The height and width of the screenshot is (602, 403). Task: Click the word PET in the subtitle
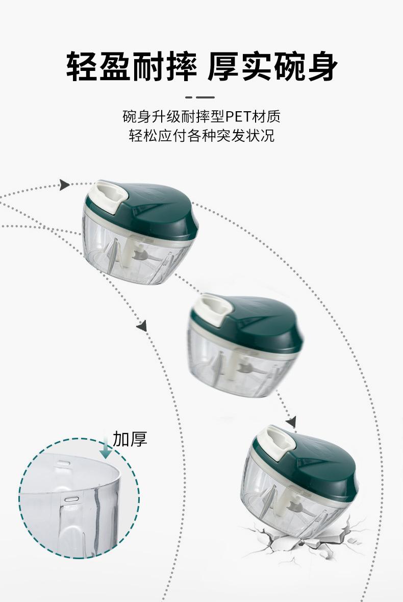click(237, 116)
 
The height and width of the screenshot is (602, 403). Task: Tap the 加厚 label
click(130, 439)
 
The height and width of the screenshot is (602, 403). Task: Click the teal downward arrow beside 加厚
click(106, 446)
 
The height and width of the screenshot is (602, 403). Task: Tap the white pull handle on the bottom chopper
click(275, 441)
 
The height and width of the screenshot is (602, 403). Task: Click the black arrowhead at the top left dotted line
click(65, 185)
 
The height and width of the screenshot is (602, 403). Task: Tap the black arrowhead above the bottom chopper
click(292, 422)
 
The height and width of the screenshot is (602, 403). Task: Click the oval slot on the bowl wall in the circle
click(72, 499)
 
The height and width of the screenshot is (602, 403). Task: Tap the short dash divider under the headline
click(200, 97)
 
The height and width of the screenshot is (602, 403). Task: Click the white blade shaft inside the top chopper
click(127, 254)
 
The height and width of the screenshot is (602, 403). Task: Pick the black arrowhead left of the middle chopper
click(142, 326)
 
